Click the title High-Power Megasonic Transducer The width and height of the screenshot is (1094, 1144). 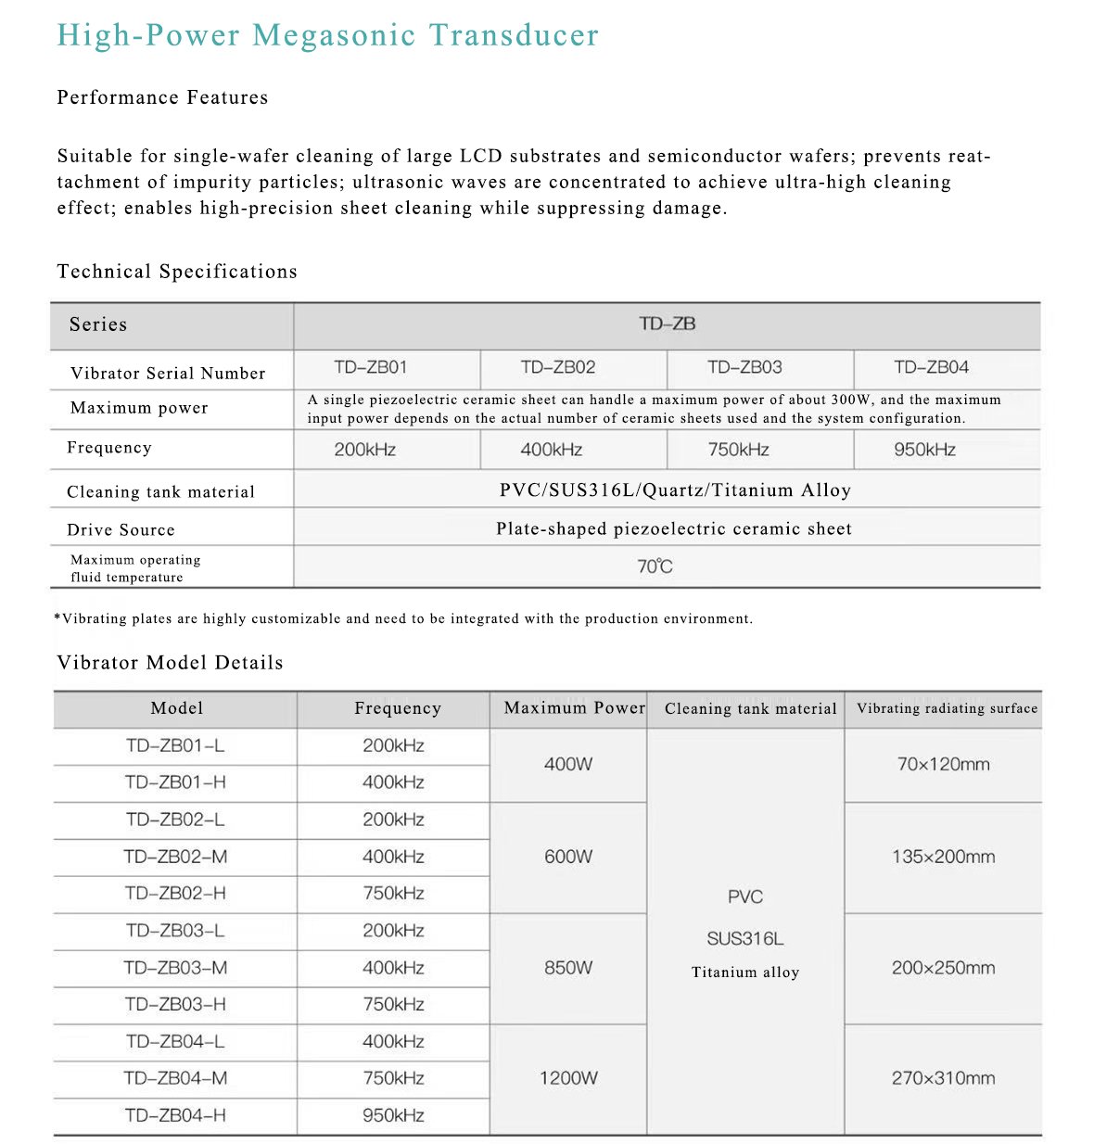coord(327,35)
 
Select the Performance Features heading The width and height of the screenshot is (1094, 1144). coord(162,97)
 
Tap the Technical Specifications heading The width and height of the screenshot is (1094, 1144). coord(177,272)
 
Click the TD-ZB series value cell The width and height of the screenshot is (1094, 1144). coord(667,324)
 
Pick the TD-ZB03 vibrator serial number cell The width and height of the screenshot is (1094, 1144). coord(744,367)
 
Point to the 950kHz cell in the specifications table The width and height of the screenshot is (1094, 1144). coord(924,450)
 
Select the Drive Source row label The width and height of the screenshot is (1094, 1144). coord(121,529)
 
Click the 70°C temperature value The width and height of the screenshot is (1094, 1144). coord(655,566)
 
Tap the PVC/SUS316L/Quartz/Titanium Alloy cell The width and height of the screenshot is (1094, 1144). coord(675,490)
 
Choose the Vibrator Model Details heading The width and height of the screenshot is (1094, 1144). coord(170,663)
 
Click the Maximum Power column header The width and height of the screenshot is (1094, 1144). coord(574,708)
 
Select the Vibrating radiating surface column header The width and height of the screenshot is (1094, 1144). coord(947,708)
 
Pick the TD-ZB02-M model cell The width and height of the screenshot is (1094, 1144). coord(175,857)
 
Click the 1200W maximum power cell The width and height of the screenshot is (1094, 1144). coord(568,1078)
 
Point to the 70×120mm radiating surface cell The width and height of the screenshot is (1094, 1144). coord(943,765)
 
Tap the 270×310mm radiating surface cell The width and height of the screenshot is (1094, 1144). coord(943,1078)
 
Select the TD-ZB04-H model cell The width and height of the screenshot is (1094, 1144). coord(175,1115)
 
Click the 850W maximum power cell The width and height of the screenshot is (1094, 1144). coord(568,968)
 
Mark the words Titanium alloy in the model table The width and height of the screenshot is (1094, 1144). coord(745,972)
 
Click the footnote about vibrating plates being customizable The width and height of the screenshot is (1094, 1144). coord(403,618)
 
